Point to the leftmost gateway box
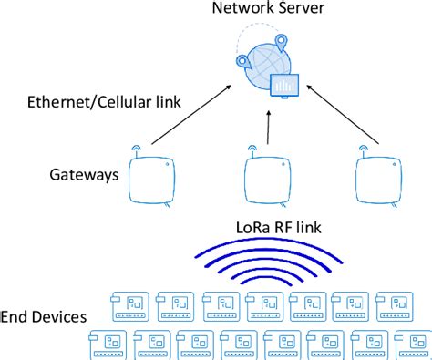coord(153,179)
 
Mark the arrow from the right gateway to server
coord(341,115)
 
